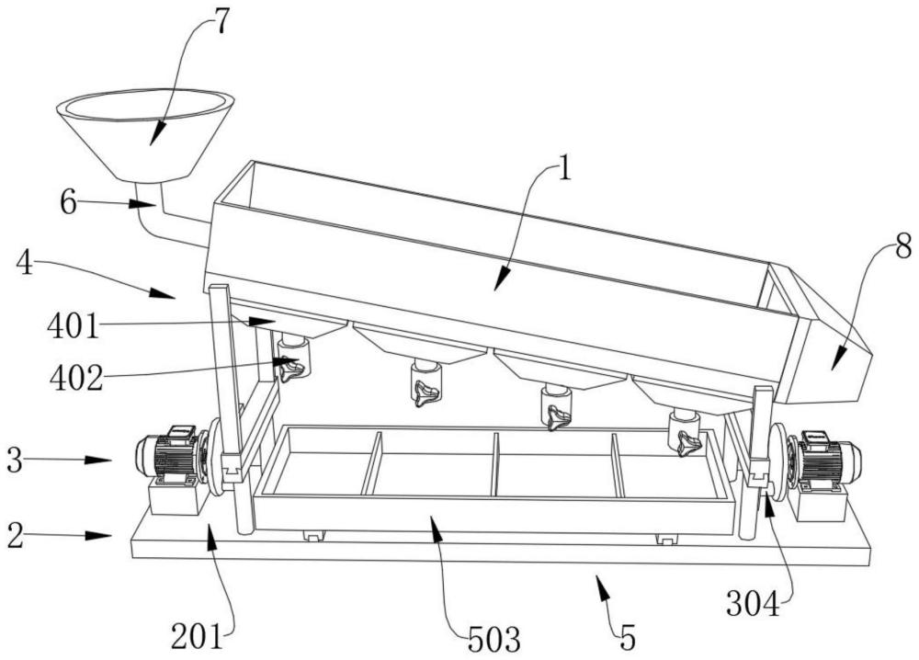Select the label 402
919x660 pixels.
[x=76, y=378]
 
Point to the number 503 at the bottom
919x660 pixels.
[x=494, y=639]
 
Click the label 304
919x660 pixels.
[x=754, y=603]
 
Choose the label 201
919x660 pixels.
[x=197, y=636]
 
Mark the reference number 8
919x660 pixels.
[x=903, y=246]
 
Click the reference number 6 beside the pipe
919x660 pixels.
[x=69, y=202]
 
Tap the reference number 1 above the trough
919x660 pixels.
[x=564, y=169]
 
